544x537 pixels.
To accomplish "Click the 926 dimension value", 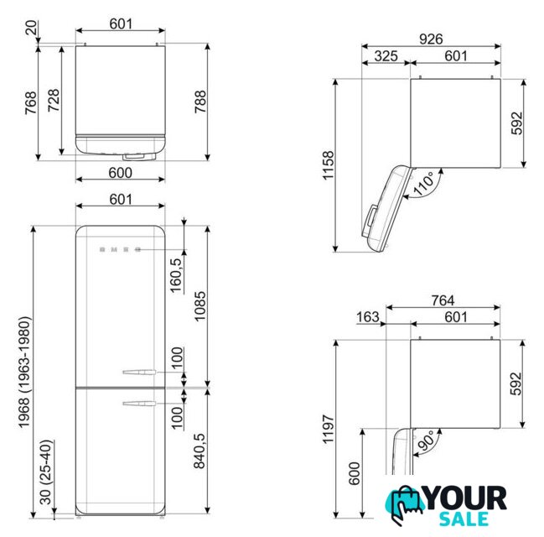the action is pyautogui.click(x=431, y=39).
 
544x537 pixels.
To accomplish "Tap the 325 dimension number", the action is pyautogui.click(x=386, y=56).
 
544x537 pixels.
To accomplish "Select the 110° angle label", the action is pyautogui.click(x=423, y=183).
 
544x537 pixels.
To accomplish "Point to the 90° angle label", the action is pyautogui.click(x=427, y=441).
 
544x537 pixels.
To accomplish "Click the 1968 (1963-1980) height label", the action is pyautogui.click(x=24, y=372).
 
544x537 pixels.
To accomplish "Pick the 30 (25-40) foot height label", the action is pyautogui.click(x=46, y=472).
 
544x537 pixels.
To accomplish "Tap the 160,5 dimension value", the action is pyautogui.click(x=176, y=275).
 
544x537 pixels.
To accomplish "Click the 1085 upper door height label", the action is pyautogui.click(x=199, y=307).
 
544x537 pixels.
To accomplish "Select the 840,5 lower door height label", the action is pyautogui.click(x=199, y=451).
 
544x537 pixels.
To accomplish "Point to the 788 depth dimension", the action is pyautogui.click(x=200, y=102).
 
